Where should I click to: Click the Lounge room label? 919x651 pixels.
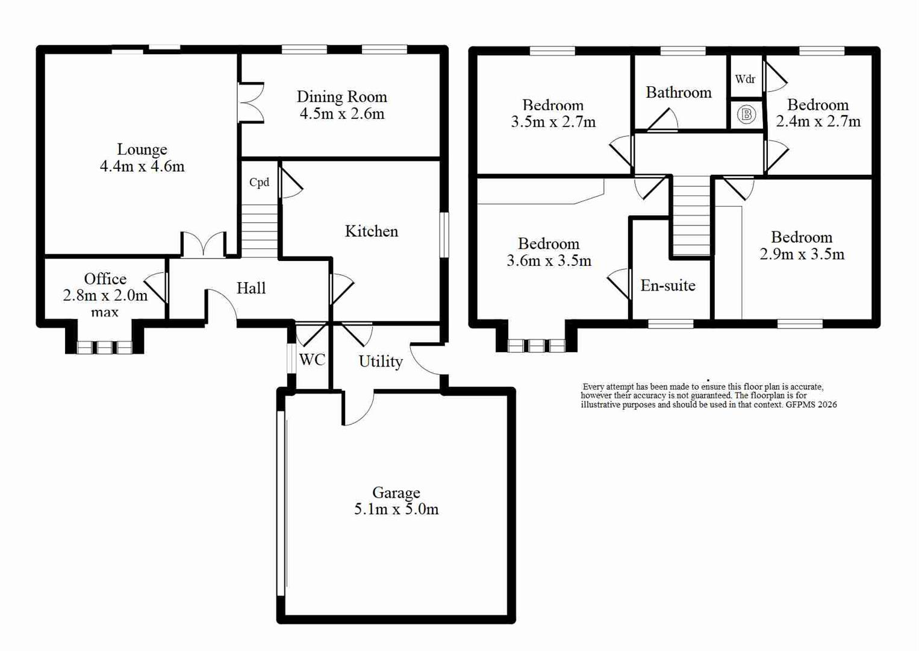(x=142, y=149)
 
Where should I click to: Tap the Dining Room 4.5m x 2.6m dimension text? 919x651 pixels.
(x=342, y=114)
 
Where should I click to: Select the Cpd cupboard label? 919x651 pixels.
(x=260, y=183)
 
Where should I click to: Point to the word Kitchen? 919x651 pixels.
(x=372, y=231)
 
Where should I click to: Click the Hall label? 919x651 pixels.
(x=251, y=288)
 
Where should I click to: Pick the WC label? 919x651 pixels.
(x=312, y=360)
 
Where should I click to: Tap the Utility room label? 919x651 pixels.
(x=381, y=362)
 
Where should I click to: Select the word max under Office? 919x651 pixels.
(x=105, y=313)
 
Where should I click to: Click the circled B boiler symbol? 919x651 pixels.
(x=746, y=114)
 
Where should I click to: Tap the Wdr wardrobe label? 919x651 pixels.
(x=745, y=79)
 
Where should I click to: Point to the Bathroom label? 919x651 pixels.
(x=679, y=92)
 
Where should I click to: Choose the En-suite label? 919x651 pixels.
(x=668, y=286)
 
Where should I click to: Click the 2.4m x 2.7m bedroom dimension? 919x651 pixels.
(x=818, y=122)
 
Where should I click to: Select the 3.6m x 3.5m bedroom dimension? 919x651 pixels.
(x=549, y=261)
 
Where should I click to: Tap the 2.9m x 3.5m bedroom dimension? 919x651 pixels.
(x=802, y=254)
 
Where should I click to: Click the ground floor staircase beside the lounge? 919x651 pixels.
(x=260, y=231)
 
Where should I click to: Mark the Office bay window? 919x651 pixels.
(x=105, y=347)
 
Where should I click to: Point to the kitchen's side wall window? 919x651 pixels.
(x=444, y=235)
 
